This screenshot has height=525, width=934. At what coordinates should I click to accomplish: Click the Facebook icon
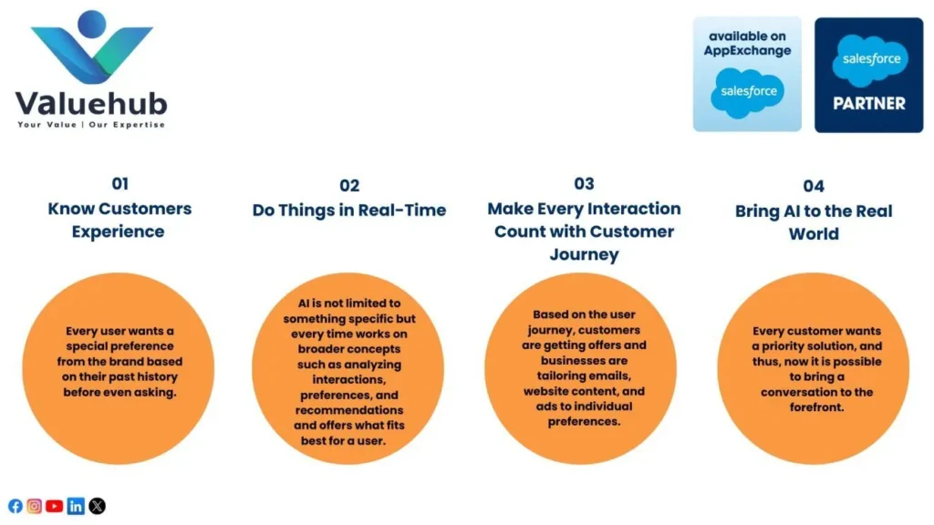(16, 506)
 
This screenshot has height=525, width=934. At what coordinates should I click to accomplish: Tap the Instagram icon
(35, 506)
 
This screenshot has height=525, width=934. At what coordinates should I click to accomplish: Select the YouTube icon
(54, 506)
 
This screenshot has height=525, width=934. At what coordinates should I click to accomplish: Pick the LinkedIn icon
(76, 506)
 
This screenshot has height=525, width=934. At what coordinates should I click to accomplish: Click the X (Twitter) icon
(97, 506)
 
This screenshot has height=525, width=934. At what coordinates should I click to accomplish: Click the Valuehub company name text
(91, 104)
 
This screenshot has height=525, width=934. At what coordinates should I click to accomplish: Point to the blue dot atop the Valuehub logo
(92, 24)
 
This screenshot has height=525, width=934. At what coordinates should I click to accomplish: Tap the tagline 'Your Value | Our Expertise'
(91, 124)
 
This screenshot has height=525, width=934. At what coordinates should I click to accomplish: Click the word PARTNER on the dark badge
(869, 104)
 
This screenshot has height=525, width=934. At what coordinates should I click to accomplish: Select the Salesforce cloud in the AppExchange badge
(748, 92)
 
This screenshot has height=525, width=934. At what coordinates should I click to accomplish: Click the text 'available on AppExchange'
(748, 44)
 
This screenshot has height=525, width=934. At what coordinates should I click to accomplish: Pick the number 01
(119, 183)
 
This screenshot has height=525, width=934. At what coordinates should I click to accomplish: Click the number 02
(349, 186)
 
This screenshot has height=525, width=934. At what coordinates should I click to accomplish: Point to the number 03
(584, 183)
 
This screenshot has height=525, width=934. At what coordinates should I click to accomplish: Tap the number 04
(814, 186)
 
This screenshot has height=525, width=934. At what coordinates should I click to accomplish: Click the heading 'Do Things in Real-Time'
(349, 211)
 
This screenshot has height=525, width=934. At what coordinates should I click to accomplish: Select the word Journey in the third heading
(585, 255)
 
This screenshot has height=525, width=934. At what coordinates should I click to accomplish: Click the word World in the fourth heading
(814, 234)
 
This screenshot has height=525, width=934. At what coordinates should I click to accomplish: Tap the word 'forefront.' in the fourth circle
(816, 407)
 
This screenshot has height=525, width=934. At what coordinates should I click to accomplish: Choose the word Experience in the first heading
(118, 232)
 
